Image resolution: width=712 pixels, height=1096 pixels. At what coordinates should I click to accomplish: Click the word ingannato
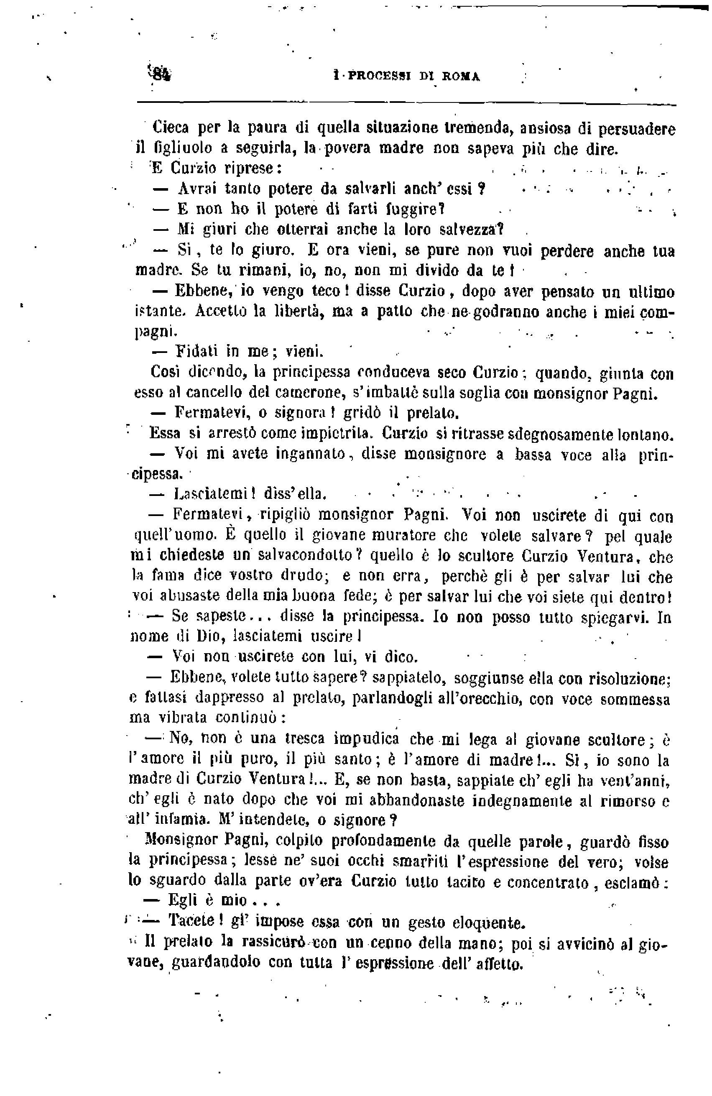point(311,454)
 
